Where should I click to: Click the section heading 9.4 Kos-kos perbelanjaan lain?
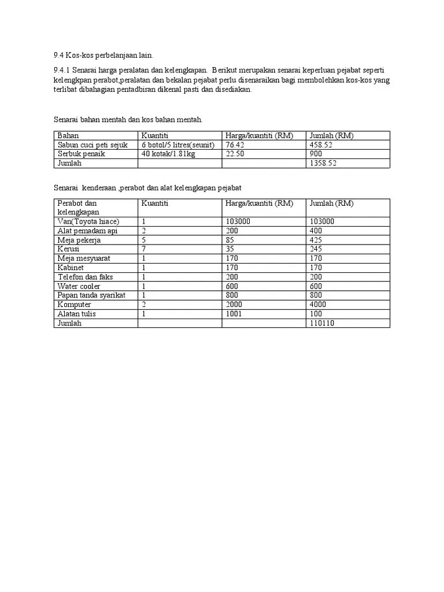(103, 55)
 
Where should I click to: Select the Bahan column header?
(68, 136)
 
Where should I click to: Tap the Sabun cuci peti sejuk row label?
(92, 145)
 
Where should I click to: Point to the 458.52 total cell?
(321, 145)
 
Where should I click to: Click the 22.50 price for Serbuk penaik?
(236, 154)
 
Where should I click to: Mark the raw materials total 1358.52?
(323, 164)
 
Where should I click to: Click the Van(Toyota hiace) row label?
(88, 221)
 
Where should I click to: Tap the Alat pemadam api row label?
(87, 231)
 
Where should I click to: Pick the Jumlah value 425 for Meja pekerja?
(316, 240)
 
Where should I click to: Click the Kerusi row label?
(68, 249)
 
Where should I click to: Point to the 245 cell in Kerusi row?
(316, 249)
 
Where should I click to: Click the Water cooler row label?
(79, 286)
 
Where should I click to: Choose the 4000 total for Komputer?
(318, 305)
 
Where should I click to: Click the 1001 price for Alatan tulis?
(234, 314)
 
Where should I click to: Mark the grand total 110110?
(322, 323)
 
